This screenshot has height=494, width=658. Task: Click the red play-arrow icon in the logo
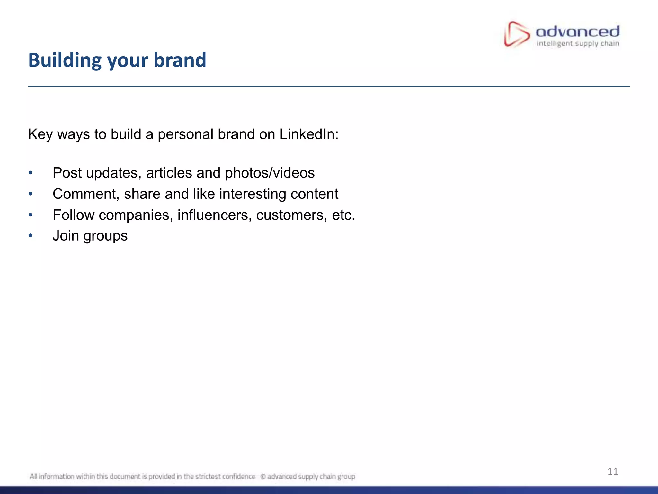[x=516, y=34]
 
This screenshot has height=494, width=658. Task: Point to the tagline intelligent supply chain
[x=578, y=44]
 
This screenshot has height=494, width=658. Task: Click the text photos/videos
[x=270, y=173]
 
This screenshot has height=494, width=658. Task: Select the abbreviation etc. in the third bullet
[x=343, y=215]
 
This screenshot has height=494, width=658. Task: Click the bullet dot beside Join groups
[x=31, y=236]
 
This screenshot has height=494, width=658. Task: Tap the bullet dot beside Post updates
[x=31, y=173]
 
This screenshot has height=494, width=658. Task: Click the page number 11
[x=613, y=471]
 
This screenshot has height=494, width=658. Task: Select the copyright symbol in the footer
[x=262, y=477]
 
